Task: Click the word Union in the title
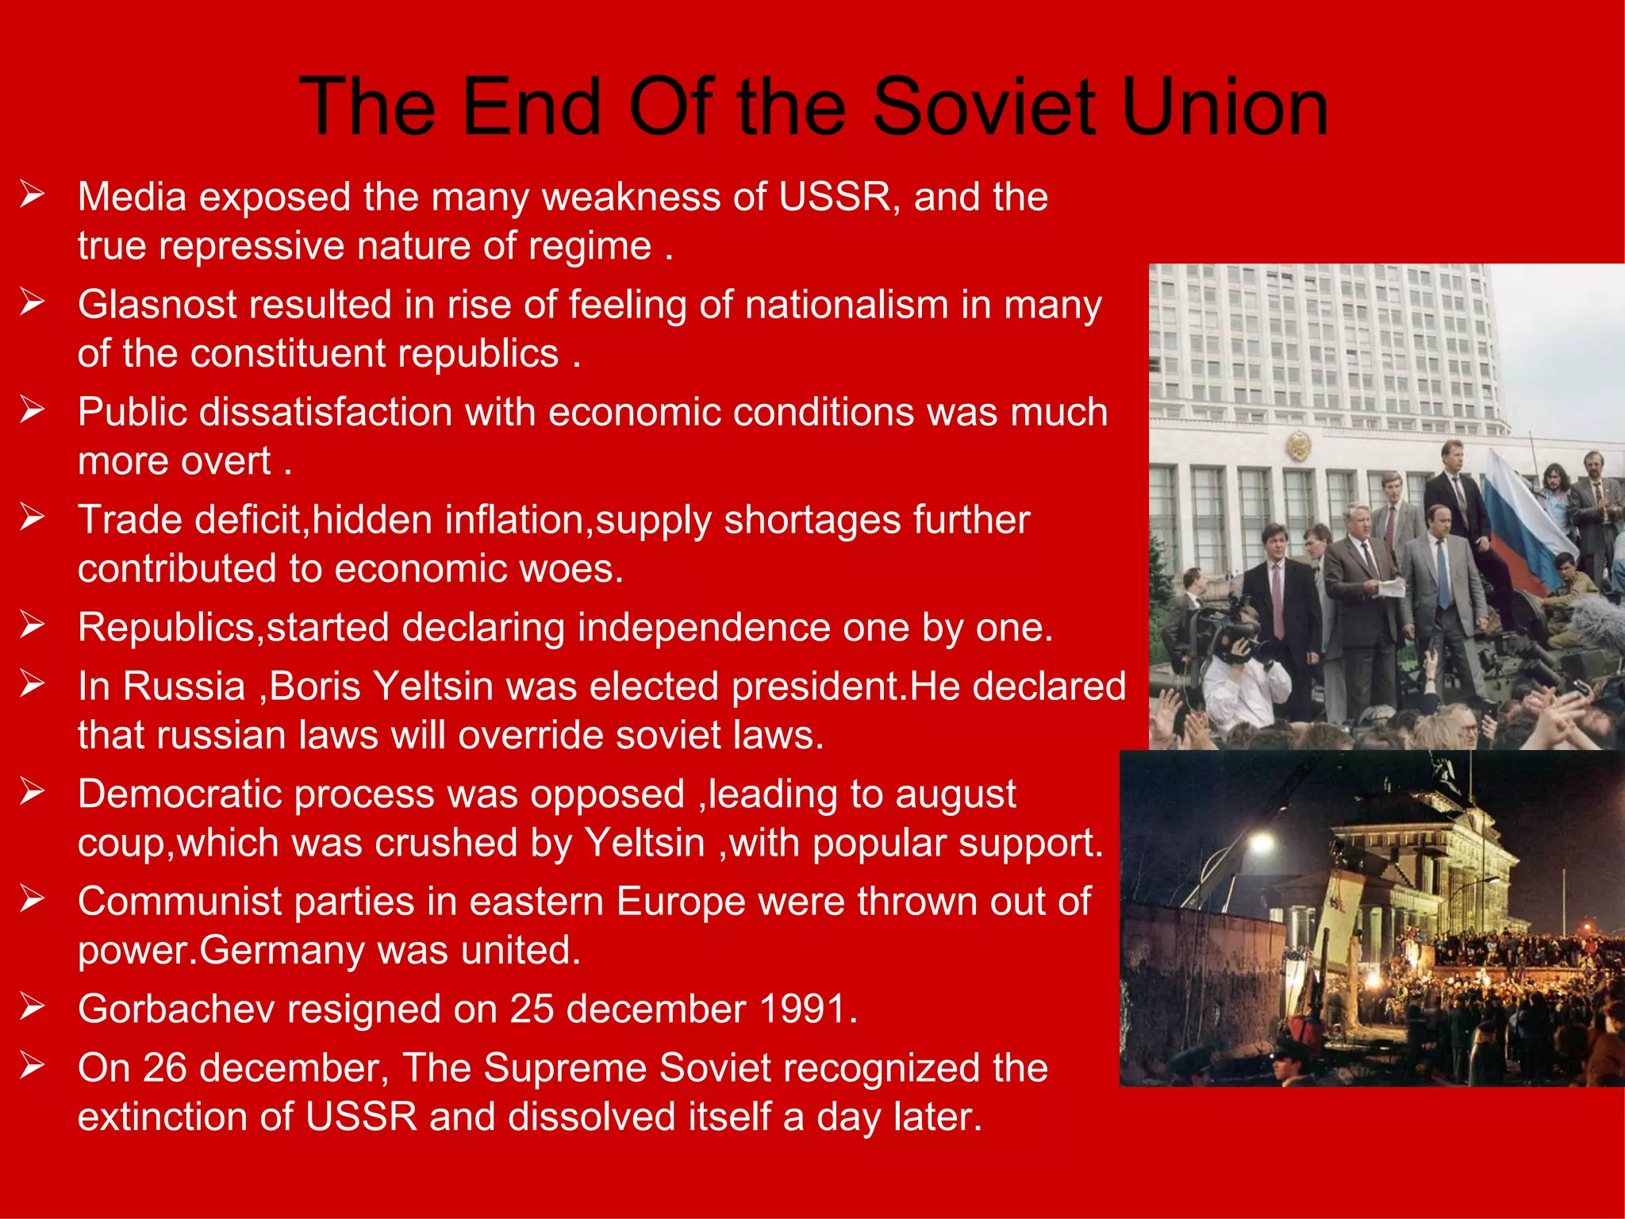coord(1225,107)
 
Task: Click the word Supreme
coord(567,1068)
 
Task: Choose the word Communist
coord(180,902)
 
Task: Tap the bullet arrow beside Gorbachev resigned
coord(33,1007)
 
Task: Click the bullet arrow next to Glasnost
coord(33,302)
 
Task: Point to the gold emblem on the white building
coord(1297,445)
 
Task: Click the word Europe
coord(681,902)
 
